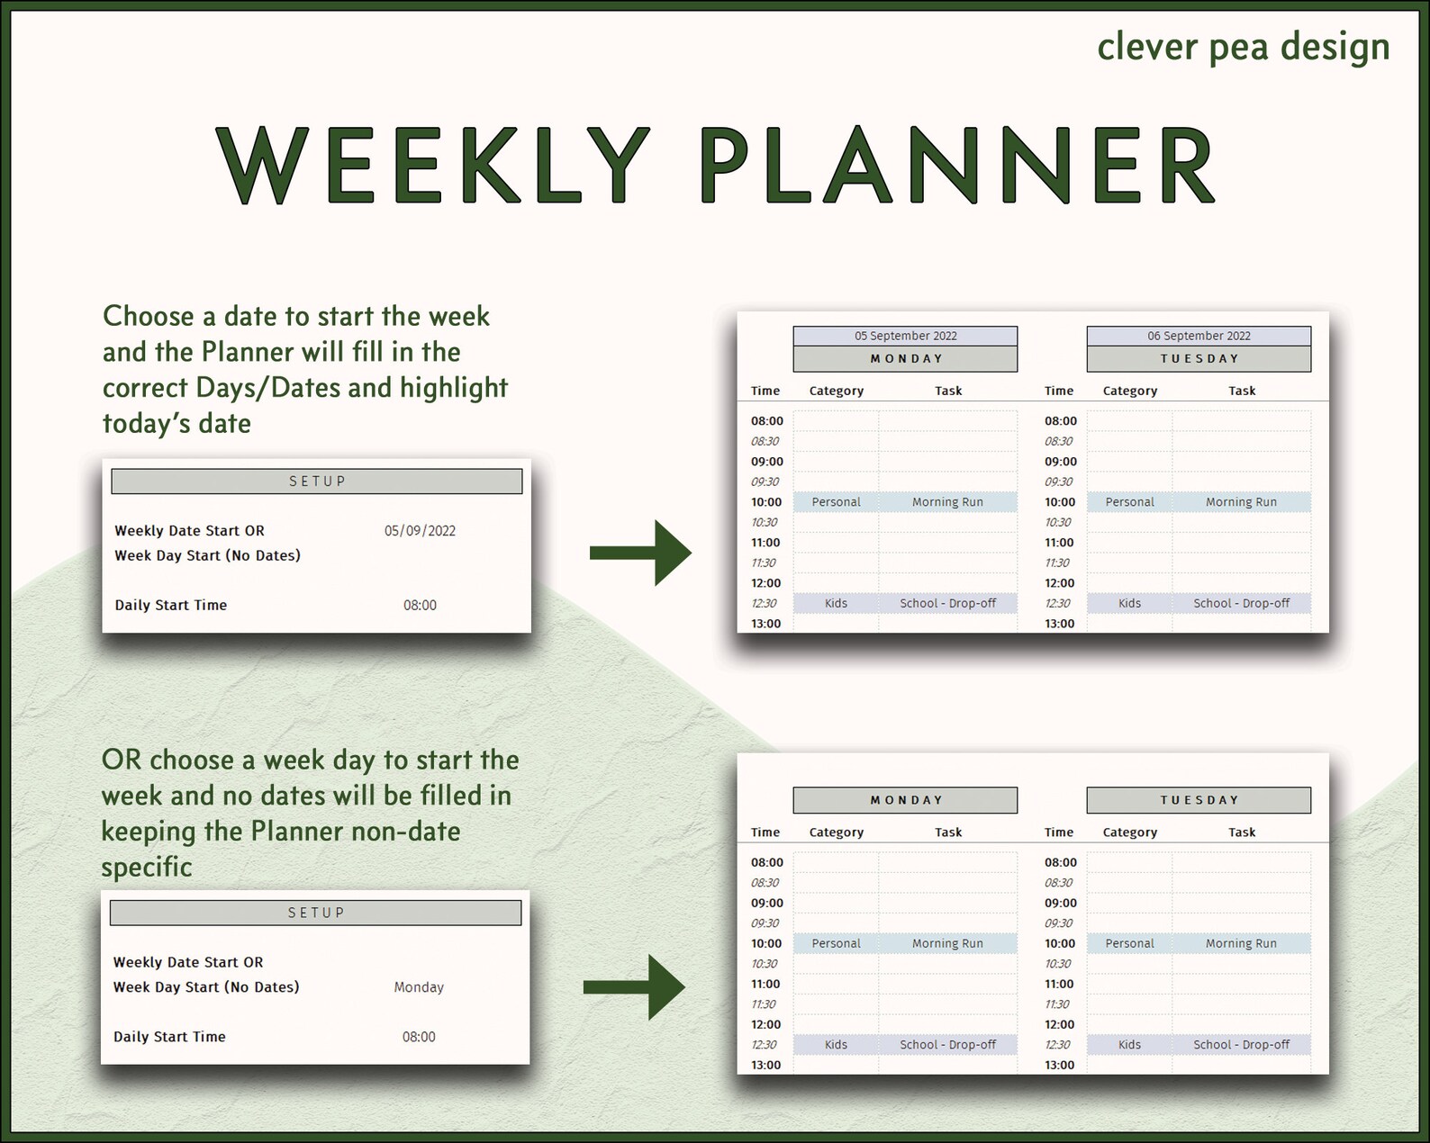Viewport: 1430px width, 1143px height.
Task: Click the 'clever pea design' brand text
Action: pos(1243,47)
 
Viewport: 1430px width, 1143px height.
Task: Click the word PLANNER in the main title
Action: pos(957,166)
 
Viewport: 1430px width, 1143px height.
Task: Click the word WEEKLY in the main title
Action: pos(433,166)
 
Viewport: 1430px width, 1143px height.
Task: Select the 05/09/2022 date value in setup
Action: pos(420,531)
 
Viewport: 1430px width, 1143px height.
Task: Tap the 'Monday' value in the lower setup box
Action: pos(419,987)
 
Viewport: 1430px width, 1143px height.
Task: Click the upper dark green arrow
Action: pos(640,553)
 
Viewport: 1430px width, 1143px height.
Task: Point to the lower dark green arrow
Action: pos(635,987)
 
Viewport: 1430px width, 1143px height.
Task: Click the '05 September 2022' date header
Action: pos(905,336)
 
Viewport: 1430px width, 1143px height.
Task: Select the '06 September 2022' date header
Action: pos(1199,336)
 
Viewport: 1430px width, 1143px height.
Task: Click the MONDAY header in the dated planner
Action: pos(905,358)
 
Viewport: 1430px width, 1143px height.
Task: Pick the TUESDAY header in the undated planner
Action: pos(1199,800)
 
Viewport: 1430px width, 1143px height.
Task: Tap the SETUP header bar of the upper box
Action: pos(316,481)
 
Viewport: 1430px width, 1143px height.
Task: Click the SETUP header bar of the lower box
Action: pos(315,913)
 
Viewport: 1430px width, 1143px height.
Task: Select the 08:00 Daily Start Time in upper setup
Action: pos(420,606)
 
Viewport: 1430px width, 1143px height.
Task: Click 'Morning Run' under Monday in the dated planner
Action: pos(947,502)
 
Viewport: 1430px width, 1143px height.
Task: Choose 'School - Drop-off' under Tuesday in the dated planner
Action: pos(1241,603)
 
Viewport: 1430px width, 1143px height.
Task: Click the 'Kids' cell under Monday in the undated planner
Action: pos(836,1045)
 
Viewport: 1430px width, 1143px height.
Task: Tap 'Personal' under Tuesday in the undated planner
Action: pos(1129,943)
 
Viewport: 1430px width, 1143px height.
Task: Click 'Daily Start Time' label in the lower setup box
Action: pos(169,1037)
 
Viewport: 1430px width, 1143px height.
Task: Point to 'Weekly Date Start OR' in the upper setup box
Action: pos(189,531)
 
